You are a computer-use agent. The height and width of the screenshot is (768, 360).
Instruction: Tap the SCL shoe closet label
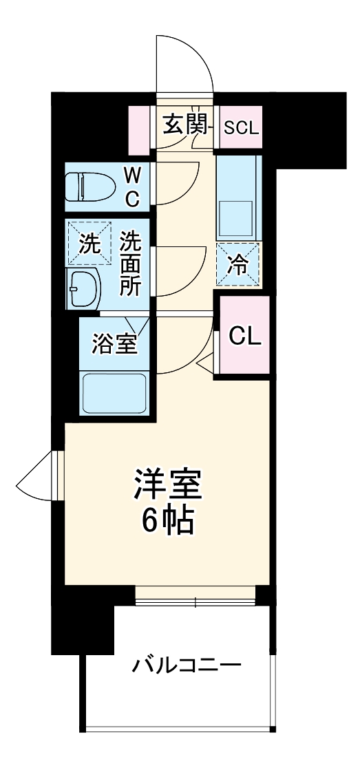pyautogui.click(x=242, y=127)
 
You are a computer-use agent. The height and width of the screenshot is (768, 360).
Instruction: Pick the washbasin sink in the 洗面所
pyautogui.click(x=86, y=289)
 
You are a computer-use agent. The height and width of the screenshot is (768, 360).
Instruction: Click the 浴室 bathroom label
pyautogui.click(x=115, y=343)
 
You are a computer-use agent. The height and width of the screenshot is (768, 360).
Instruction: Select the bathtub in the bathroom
pyautogui.click(x=114, y=393)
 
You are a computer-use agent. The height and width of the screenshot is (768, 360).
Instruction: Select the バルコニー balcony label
pyautogui.click(x=187, y=665)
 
